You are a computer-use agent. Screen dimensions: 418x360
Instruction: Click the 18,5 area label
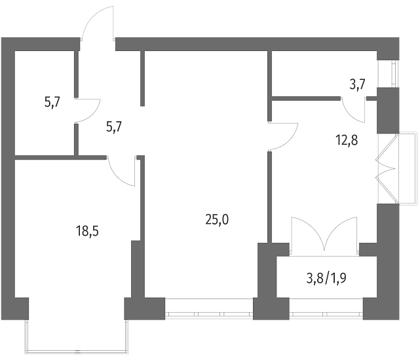(87, 231)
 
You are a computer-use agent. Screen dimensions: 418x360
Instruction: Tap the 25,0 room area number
(217, 220)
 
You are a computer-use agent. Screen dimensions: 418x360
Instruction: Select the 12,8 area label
(347, 140)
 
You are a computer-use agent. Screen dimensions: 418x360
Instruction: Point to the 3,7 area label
(357, 84)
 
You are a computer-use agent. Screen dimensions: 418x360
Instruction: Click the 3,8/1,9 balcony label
(326, 279)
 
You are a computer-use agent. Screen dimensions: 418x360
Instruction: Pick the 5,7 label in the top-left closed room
(52, 101)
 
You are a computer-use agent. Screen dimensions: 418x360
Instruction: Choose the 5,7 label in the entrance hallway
(114, 127)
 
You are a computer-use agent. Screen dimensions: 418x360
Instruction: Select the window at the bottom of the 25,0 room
(209, 309)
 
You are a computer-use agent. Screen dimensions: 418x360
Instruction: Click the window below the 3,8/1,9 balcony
(326, 309)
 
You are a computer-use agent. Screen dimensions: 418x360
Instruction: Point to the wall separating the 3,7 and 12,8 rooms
(306, 99)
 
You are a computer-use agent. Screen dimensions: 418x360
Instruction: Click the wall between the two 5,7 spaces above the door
(77, 74)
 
